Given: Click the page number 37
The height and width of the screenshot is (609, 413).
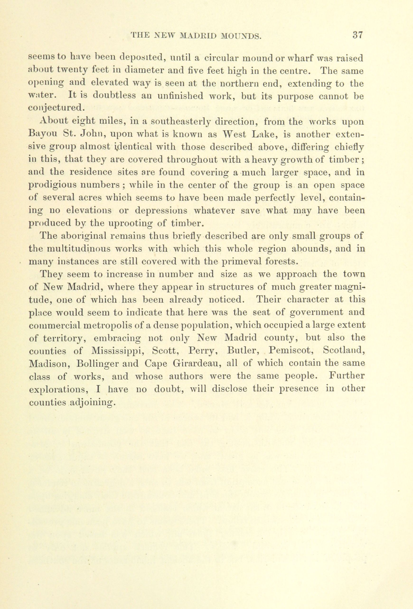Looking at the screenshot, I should click(x=357, y=35).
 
